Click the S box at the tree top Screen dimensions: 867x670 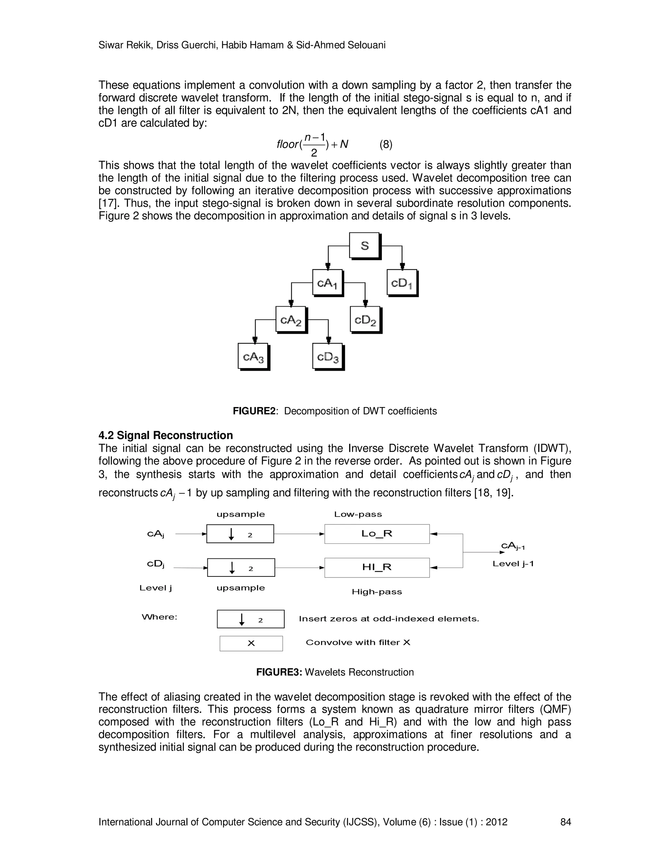click(364, 246)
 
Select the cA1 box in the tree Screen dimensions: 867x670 click(327, 283)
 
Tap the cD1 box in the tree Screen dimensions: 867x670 click(402, 283)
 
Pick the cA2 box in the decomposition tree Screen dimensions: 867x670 click(291, 320)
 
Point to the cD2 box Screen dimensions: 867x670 click(365, 320)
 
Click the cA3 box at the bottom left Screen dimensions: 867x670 click(253, 357)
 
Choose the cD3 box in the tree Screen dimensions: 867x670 click(328, 357)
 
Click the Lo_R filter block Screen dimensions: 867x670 click(377, 534)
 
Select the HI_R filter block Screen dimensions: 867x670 click(377, 567)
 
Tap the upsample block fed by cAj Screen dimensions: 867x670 click(240, 534)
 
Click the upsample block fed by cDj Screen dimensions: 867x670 click(241, 567)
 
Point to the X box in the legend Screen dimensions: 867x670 click(251, 644)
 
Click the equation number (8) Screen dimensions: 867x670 click(386, 145)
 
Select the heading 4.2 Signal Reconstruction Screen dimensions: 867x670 click(166, 435)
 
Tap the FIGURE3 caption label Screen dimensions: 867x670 click(279, 672)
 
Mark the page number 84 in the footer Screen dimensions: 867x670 click(565, 822)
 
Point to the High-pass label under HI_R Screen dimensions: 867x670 click(377, 592)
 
